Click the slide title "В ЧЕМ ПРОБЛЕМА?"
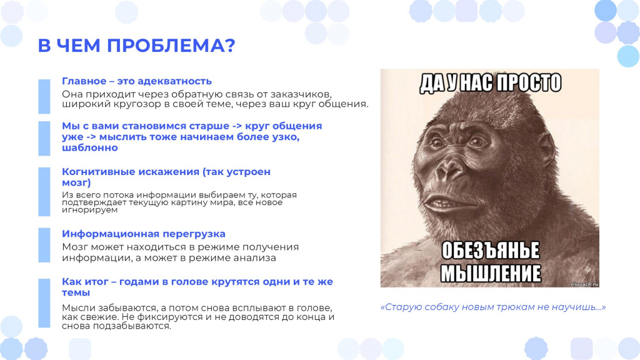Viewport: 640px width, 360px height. click(x=137, y=45)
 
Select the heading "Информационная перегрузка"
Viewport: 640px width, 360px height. click(x=144, y=234)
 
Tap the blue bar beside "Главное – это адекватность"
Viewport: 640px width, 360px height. click(x=44, y=96)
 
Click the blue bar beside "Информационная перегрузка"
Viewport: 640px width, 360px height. click(x=44, y=245)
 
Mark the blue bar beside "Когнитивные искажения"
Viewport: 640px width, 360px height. click(x=44, y=191)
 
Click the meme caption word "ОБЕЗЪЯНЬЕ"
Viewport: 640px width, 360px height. click(x=491, y=251)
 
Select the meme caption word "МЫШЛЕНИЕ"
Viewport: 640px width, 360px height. click(x=491, y=274)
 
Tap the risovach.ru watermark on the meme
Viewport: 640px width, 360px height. click(x=584, y=284)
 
